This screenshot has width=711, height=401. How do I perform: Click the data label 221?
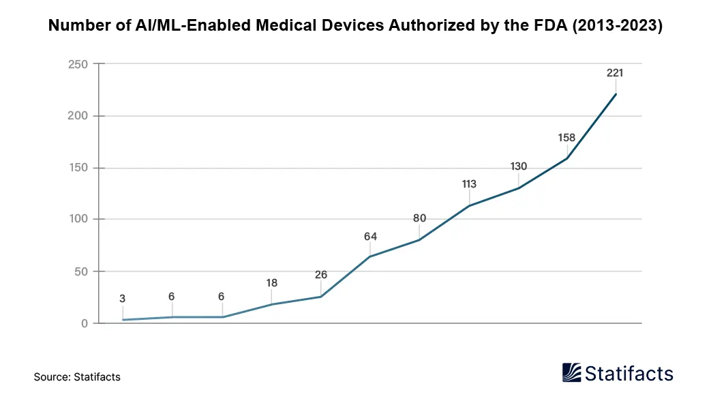point(615,73)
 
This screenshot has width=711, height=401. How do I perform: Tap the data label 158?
point(566,138)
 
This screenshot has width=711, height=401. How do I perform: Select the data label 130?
point(518,166)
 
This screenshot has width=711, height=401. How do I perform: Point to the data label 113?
point(468,184)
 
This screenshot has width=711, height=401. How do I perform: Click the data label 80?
point(419,219)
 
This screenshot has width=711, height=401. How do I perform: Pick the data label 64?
point(370,237)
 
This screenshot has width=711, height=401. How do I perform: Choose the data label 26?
point(321,276)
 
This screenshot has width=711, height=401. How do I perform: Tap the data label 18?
point(272,283)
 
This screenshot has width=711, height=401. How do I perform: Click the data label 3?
point(123,299)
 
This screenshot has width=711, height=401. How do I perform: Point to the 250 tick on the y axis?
point(79,64)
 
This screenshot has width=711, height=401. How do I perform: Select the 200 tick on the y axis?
point(79,116)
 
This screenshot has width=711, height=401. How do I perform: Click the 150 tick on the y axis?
point(79,168)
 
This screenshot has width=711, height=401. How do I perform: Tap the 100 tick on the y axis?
point(79,220)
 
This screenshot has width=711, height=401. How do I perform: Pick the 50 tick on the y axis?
point(82,271)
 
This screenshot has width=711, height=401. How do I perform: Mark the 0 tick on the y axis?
point(85,323)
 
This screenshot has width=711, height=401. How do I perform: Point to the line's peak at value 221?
point(616,94)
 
